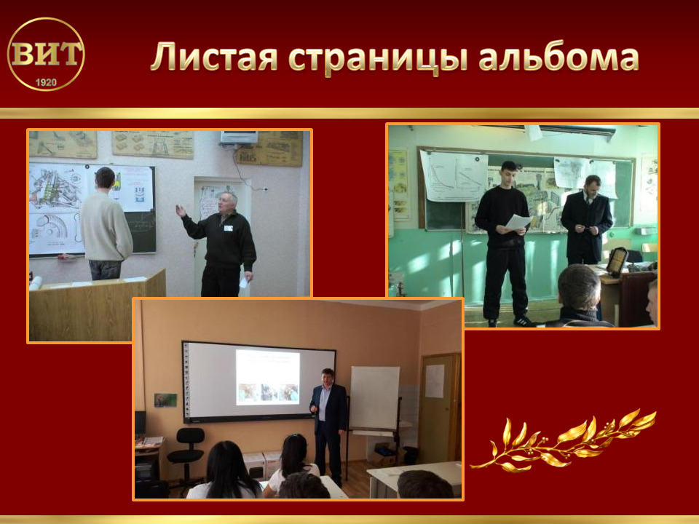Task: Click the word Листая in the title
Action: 214,57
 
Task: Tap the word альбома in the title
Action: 559,56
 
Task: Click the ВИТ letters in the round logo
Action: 47,53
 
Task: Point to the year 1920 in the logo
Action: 46,82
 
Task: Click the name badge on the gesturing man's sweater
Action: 228,228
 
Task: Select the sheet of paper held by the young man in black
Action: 518,221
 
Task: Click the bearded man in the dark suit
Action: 586,221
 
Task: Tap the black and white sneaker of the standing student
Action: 524,321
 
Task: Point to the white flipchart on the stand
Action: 374,398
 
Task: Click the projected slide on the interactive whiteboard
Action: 267,377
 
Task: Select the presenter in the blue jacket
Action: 328,426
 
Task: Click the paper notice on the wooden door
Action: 435,381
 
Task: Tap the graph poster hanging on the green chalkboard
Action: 454,176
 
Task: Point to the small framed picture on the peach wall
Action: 165,400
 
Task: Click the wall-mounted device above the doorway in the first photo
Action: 240,138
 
